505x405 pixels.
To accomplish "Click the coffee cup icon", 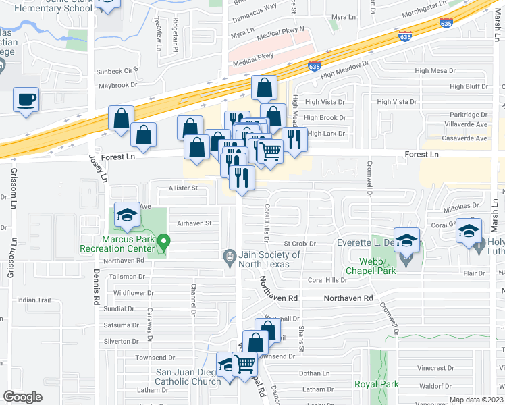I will (x=26, y=100).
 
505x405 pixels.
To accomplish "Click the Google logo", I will (x=23, y=397).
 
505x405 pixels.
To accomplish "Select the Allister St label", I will (x=182, y=188).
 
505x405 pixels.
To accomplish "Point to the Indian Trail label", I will (x=34, y=300).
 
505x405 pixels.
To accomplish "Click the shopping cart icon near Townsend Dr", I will (x=245, y=364).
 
